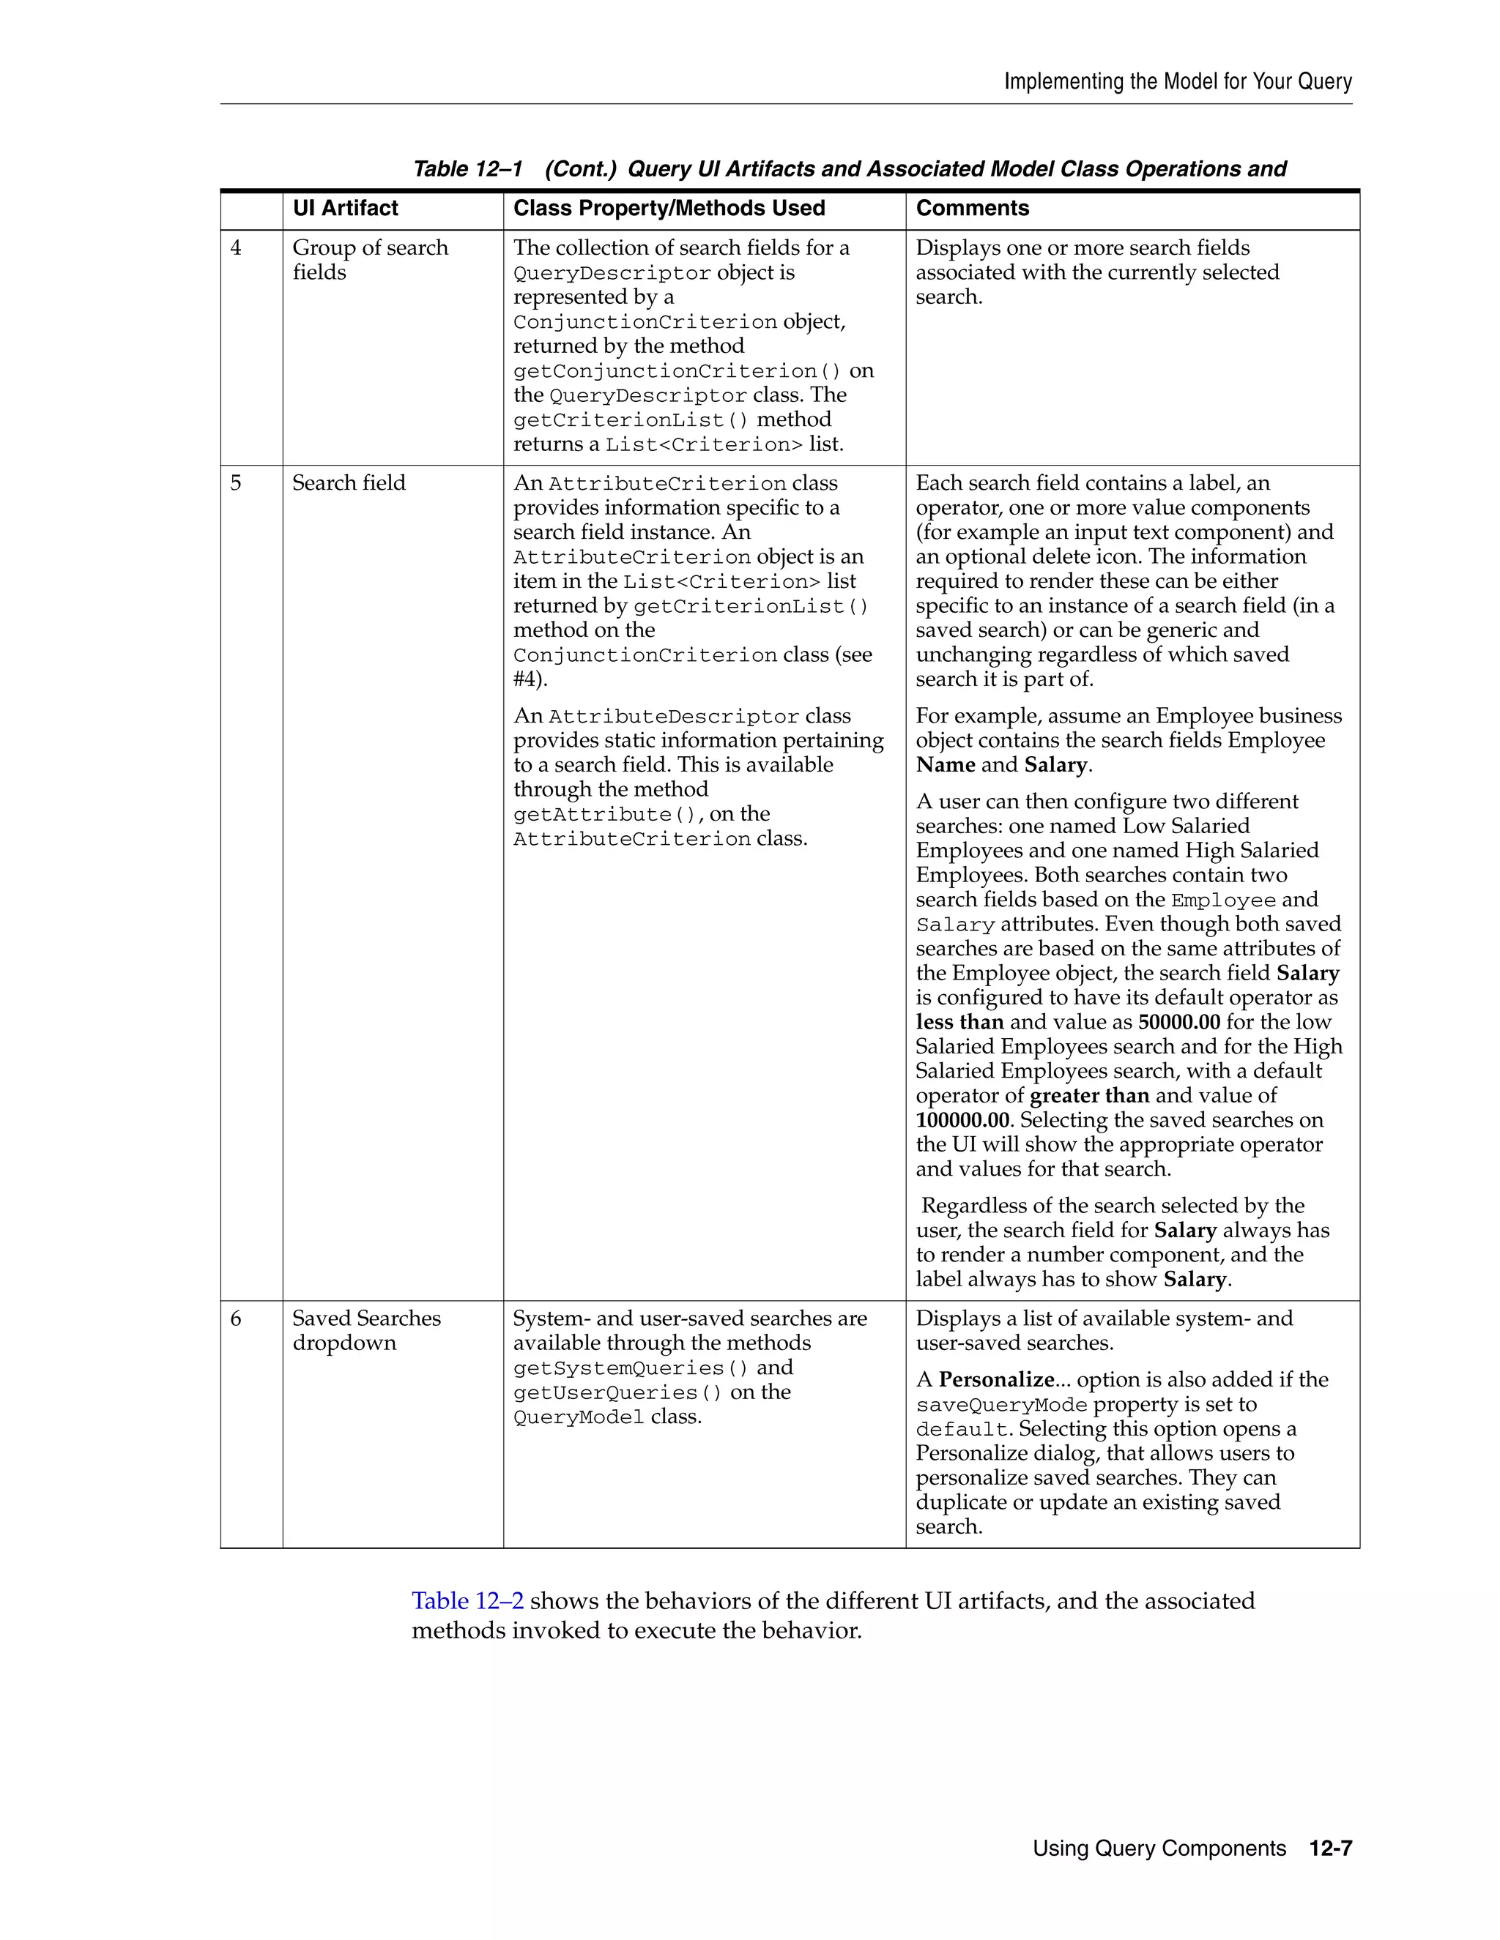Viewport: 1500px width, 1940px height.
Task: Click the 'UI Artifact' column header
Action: coord(345,209)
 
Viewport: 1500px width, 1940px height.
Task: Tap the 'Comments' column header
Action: coord(972,209)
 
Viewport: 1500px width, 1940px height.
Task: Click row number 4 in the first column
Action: coord(236,249)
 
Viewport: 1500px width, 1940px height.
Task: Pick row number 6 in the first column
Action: coord(236,1319)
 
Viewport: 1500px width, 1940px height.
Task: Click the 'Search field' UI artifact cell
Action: coord(349,483)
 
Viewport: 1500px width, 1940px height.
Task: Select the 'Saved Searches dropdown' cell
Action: coord(366,1331)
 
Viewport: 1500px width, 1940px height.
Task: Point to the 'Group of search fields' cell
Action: coord(370,261)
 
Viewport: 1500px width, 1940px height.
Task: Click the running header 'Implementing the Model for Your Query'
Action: coord(1178,82)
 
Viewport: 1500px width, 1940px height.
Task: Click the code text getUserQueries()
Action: coord(617,1394)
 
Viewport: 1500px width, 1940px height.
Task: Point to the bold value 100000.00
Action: coord(962,1121)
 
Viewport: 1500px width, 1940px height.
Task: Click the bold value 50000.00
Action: coord(1178,1023)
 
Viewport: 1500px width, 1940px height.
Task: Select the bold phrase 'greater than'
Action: coord(1089,1096)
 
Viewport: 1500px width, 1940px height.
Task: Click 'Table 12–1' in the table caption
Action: coord(467,170)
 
